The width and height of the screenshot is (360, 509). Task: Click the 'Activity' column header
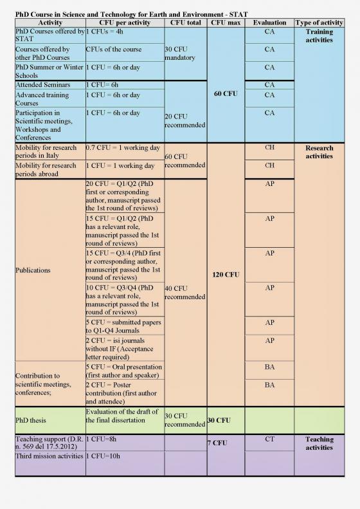point(50,23)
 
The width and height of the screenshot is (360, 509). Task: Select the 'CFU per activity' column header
point(124,23)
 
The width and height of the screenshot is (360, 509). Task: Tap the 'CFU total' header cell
point(186,23)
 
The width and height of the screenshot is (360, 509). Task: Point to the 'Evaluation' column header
point(269,23)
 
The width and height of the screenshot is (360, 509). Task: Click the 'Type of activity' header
point(319,23)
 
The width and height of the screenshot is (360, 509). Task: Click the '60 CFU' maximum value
point(225,94)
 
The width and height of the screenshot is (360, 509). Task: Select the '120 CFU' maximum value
point(225,275)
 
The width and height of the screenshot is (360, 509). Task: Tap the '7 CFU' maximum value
point(218,443)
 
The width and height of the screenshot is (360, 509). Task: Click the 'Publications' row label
point(33,270)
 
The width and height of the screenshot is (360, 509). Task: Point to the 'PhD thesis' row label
point(31,420)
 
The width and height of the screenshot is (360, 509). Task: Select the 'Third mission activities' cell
point(49,456)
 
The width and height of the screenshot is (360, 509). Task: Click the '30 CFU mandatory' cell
point(179,53)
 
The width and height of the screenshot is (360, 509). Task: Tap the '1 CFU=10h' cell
point(104,456)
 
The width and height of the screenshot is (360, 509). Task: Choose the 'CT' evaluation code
point(269,440)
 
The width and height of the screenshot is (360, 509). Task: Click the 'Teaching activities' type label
point(319,443)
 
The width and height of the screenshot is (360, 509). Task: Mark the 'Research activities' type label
point(319,152)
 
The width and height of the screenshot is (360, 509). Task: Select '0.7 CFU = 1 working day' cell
point(123,148)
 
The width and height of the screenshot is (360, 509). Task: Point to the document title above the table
point(132,14)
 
